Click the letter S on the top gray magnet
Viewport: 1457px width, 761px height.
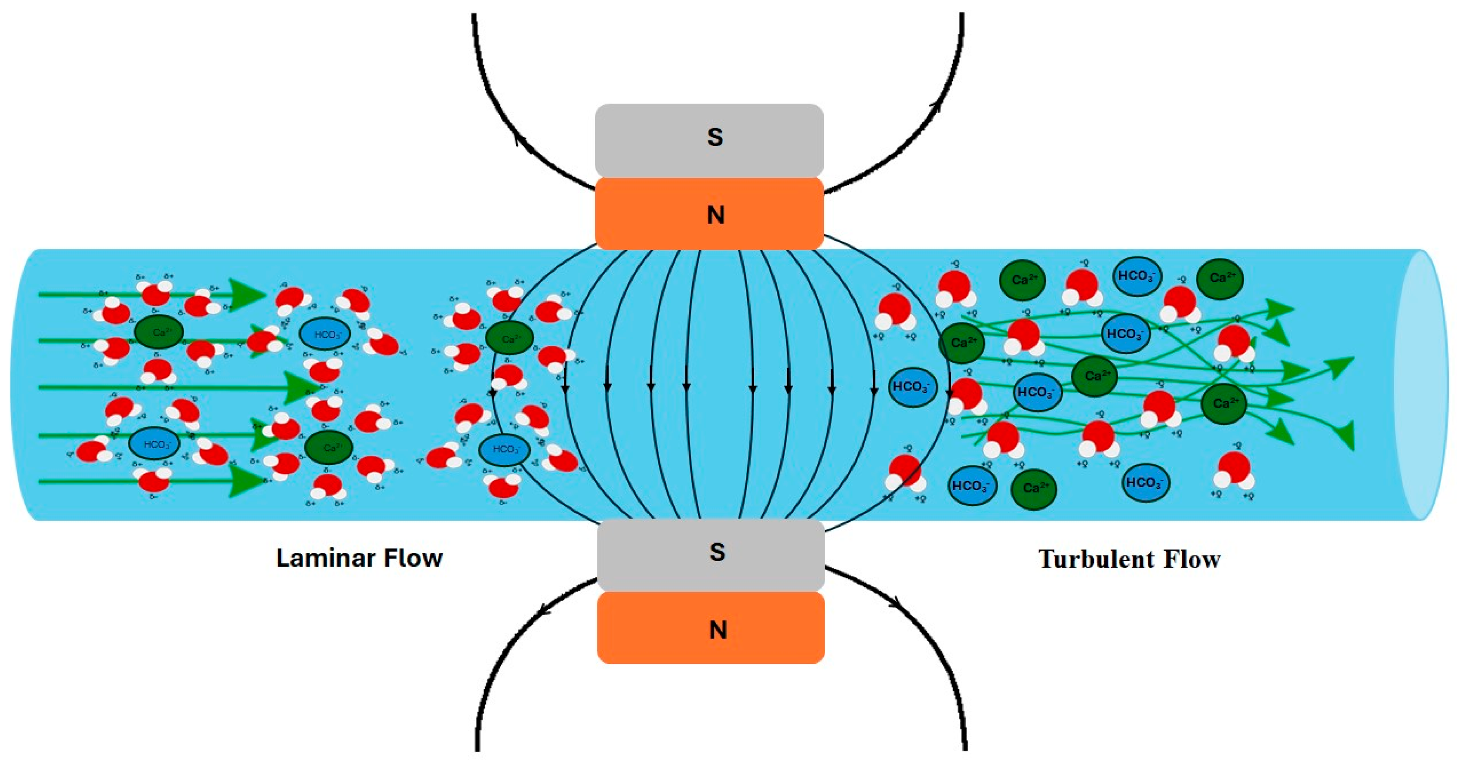(715, 138)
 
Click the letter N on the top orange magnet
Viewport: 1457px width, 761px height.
(715, 215)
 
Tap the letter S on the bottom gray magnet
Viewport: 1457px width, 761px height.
(717, 552)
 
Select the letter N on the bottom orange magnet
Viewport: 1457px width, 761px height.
(718, 629)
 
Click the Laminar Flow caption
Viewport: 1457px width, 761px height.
(359, 558)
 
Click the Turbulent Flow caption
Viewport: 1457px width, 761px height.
(1130, 559)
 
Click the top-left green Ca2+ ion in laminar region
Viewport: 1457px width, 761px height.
(159, 332)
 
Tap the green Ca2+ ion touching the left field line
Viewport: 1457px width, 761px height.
(509, 338)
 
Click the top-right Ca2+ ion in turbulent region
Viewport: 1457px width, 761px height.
(1220, 279)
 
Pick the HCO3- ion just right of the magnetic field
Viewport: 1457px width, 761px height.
(912, 387)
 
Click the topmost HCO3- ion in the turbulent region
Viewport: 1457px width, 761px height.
(1137, 276)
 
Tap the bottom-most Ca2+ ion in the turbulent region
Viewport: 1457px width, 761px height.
(1033, 488)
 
